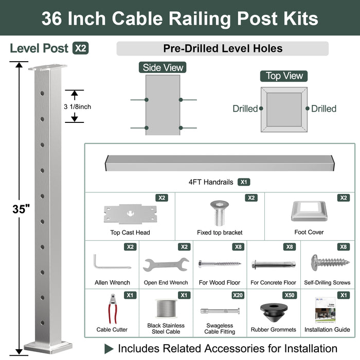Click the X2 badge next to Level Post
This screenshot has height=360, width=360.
click(x=81, y=48)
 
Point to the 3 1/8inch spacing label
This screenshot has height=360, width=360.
click(x=77, y=106)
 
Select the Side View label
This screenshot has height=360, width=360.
click(x=163, y=67)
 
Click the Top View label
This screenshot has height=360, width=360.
click(x=284, y=76)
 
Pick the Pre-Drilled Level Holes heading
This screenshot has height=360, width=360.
click(x=223, y=49)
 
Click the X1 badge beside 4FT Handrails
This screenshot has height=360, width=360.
click(x=244, y=182)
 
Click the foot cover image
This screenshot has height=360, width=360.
click(x=309, y=211)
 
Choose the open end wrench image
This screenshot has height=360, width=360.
click(x=166, y=264)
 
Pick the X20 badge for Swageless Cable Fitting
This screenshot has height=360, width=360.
click(x=237, y=295)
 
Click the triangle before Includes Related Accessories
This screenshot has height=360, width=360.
click(x=109, y=349)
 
